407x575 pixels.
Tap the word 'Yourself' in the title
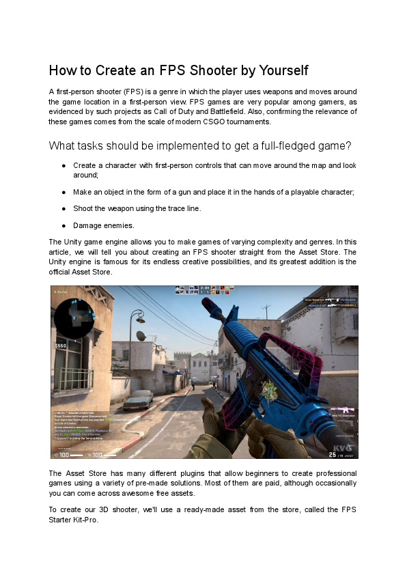click(x=279, y=70)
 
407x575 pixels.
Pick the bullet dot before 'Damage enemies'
click(x=63, y=225)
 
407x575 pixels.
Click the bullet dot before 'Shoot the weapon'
click(x=63, y=208)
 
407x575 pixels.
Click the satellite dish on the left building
click(x=142, y=336)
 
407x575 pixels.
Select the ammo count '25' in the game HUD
click(x=332, y=453)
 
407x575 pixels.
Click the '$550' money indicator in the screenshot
click(x=61, y=346)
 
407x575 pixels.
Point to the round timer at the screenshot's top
click(x=205, y=288)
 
